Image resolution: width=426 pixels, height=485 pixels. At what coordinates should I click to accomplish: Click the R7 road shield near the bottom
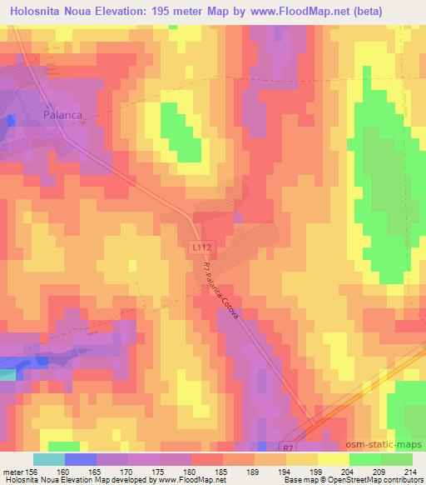(288, 447)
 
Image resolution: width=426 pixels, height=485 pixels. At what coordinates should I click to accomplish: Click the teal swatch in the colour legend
(49, 459)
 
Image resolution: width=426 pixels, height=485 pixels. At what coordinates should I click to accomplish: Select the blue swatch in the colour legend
(80, 459)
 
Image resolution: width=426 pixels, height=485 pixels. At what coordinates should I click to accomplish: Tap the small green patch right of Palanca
(180, 132)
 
